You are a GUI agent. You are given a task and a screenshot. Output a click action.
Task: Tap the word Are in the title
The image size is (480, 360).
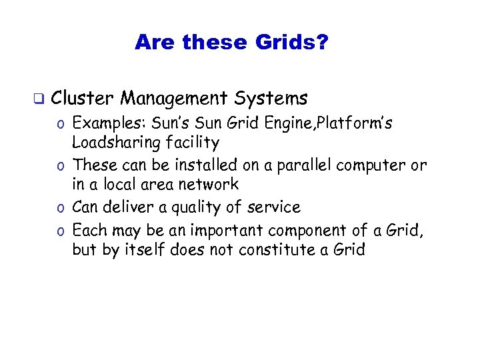(x=154, y=43)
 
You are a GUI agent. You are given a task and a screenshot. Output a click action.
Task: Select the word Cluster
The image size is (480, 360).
(x=83, y=99)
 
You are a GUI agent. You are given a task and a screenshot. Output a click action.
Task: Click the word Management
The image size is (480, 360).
(x=175, y=99)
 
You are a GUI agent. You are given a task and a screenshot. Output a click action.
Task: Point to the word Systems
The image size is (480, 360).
(x=271, y=99)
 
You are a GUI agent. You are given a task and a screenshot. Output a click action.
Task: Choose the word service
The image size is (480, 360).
(x=273, y=207)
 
